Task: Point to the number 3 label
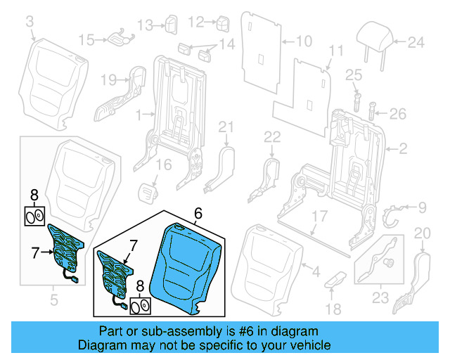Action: [30, 25]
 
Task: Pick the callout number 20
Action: [422, 233]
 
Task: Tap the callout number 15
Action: [86, 39]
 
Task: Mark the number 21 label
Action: [224, 127]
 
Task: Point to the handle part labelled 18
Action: [335, 279]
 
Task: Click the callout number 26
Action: [398, 112]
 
